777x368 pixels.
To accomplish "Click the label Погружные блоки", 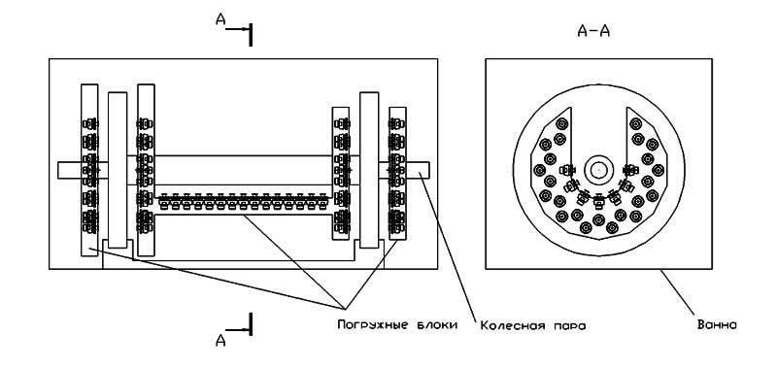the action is (x=397, y=325).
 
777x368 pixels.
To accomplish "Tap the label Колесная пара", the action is (x=533, y=325).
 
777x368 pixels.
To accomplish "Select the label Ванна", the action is (x=717, y=325).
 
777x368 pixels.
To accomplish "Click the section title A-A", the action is (x=593, y=32).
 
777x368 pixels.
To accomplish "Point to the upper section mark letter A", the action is (x=220, y=18).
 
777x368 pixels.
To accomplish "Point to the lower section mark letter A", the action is (x=220, y=340).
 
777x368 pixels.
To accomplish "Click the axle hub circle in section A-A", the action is (x=598, y=170).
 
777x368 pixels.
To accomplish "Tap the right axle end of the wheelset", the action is (x=418, y=170).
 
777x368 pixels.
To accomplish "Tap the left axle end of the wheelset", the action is (x=69, y=170).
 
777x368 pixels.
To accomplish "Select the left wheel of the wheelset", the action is (x=118, y=170).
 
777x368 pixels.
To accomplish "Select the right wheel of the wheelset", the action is (x=369, y=170).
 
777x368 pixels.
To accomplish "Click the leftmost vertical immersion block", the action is (x=89, y=170).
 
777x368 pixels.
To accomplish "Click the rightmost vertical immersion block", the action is (x=397, y=174).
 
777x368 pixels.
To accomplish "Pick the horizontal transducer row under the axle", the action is (x=243, y=202).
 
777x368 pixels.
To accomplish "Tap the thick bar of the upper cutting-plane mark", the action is (x=251, y=35).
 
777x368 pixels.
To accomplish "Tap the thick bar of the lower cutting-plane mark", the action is (x=251, y=324).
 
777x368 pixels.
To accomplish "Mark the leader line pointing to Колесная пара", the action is (x=448, y=246).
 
